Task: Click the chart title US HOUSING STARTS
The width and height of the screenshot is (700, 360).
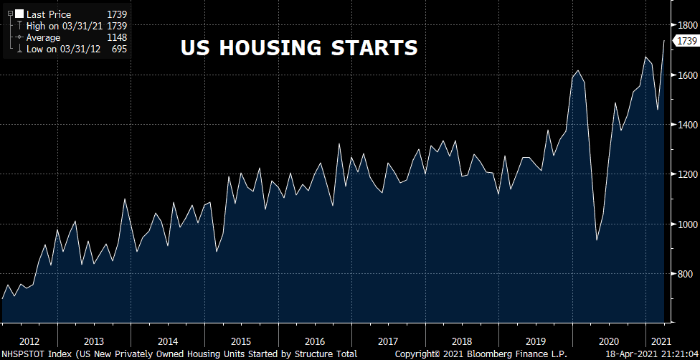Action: point(298,48)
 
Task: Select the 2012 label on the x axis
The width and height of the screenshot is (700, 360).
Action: point(29,341)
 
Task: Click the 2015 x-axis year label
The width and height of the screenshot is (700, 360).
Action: point(240,341)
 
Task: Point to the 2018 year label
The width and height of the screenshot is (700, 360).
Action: point(460,341)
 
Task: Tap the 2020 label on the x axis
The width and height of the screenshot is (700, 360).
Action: point(608,341)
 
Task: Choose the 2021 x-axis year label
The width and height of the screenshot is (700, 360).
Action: point(660,341)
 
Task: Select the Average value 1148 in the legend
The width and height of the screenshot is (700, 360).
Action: point(116,37)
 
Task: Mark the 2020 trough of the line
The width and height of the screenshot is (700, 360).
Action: point(597,240)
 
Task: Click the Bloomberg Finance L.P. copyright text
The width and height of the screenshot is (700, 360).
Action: point(480,354)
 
